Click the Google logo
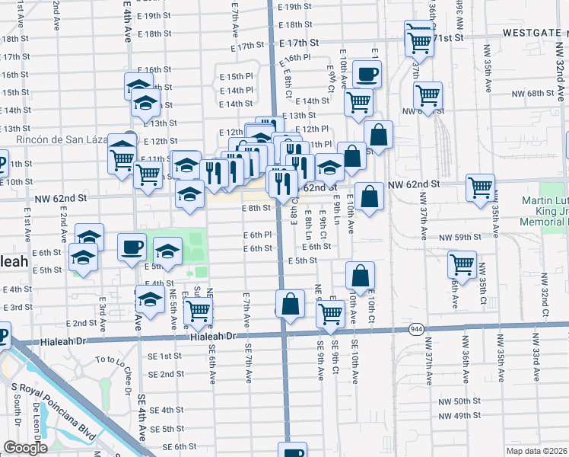pos(25,448)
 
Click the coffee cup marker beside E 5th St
pos(132,246)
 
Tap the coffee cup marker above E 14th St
pos(367,74)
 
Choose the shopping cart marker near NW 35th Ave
pos(481,187)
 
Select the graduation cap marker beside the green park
pos(167,251)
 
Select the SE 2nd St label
pos(167,374)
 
